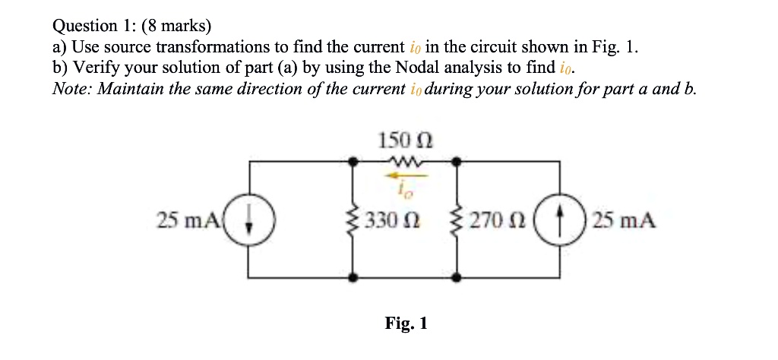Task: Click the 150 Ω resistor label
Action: coord(405,141)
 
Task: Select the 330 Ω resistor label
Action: coord(392,221)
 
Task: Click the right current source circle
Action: coord(559,221)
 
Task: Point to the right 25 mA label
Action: coord(625,221)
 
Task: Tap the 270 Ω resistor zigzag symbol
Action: coord(456,221)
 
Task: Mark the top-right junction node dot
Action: coord(456,161)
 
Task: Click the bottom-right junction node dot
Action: coord(456,278)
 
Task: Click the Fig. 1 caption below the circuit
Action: coord(406,324)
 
